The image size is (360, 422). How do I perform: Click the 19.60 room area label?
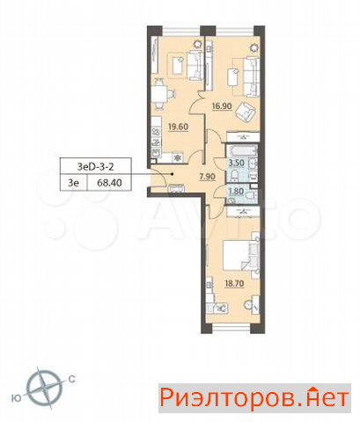178,127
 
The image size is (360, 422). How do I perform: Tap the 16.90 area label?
222,106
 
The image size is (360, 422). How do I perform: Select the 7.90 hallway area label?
207,177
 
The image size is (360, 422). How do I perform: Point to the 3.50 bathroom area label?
237,163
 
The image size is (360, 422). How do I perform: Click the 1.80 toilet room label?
236,192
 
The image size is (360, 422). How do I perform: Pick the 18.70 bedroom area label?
234,283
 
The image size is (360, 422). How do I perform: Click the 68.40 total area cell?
109,183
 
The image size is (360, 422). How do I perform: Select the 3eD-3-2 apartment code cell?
95,167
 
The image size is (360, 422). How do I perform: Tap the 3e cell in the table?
74,183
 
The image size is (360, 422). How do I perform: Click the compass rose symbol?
45,388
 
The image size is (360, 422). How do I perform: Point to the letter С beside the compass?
72,379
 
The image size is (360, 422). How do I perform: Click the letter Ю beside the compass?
16,398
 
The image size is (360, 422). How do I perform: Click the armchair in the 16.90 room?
246,113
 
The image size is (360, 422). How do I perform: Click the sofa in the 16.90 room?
252,76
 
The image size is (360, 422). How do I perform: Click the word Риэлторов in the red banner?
229,398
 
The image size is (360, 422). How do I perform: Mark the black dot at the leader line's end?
173,174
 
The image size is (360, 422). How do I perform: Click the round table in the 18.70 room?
248,305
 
